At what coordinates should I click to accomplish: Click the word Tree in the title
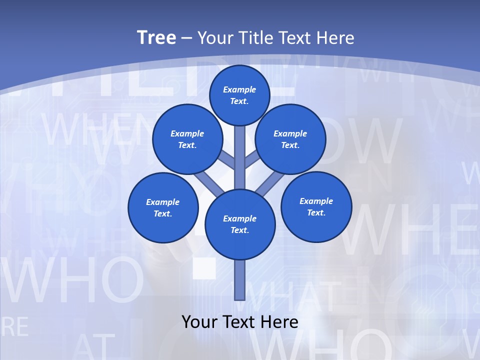156,38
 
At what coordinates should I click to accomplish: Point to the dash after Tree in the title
186,38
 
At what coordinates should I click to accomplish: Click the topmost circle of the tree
239,95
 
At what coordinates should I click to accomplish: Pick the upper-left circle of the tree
187,139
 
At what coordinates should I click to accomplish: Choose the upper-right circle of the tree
290,139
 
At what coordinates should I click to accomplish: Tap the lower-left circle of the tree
163,207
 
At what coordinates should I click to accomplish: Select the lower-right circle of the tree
316,206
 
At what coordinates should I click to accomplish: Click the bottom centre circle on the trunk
240,224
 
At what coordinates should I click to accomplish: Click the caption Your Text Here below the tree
240,321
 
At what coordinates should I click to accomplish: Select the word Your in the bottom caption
199,321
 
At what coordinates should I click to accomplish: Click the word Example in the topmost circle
239,90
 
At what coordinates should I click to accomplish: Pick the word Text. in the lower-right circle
316,212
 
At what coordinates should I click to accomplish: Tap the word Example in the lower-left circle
163,202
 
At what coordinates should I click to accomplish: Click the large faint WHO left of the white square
75,282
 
